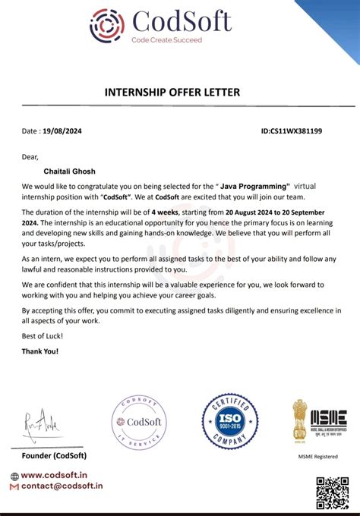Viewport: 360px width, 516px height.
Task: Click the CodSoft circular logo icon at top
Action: tap(106, 24)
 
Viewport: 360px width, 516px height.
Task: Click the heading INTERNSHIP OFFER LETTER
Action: tap(172, 93)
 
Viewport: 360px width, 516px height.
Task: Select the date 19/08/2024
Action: tap(62, 131)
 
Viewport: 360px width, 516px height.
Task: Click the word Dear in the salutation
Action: tap(30, 158)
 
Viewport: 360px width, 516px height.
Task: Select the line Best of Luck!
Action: tap(43, 335)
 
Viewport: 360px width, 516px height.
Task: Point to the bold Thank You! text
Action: tap(40, 351)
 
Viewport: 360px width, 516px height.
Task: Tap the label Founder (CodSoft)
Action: tap(54, 455)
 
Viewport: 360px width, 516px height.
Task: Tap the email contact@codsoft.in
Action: tap(62, 486)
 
